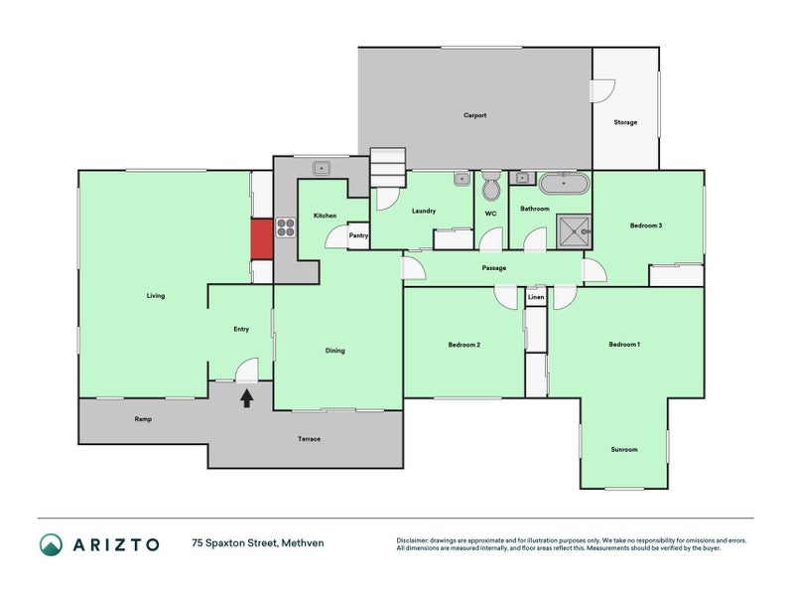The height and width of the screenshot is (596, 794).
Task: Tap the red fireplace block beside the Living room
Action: (261, 239)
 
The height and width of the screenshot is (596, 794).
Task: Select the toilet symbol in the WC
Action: (491, 188)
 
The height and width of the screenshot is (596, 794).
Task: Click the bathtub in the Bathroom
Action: (563, 184)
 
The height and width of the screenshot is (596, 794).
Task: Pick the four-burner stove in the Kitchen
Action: (285, 227)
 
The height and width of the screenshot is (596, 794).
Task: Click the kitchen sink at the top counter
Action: (322, 168)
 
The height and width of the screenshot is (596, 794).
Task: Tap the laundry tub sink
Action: (462, 180)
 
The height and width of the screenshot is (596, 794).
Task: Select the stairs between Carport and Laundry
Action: (388, 168)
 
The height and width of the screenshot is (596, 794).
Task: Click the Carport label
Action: (474, 115)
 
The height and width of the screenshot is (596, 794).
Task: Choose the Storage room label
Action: (624, 122)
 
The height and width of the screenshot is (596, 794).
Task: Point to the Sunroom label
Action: (623, 450)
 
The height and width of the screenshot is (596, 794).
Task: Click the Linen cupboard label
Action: (536, 297)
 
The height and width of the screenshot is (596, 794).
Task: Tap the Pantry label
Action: (358, 235)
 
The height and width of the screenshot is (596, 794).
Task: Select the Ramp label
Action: (142, 419)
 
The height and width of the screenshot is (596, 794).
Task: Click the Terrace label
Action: (309, 439)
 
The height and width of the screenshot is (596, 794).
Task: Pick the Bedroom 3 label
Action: (645, 225)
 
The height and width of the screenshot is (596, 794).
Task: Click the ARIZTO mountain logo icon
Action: (51, 543)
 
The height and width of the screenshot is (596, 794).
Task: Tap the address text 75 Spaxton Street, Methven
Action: (258, 543)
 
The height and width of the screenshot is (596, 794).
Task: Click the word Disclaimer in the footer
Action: (415, 540)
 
